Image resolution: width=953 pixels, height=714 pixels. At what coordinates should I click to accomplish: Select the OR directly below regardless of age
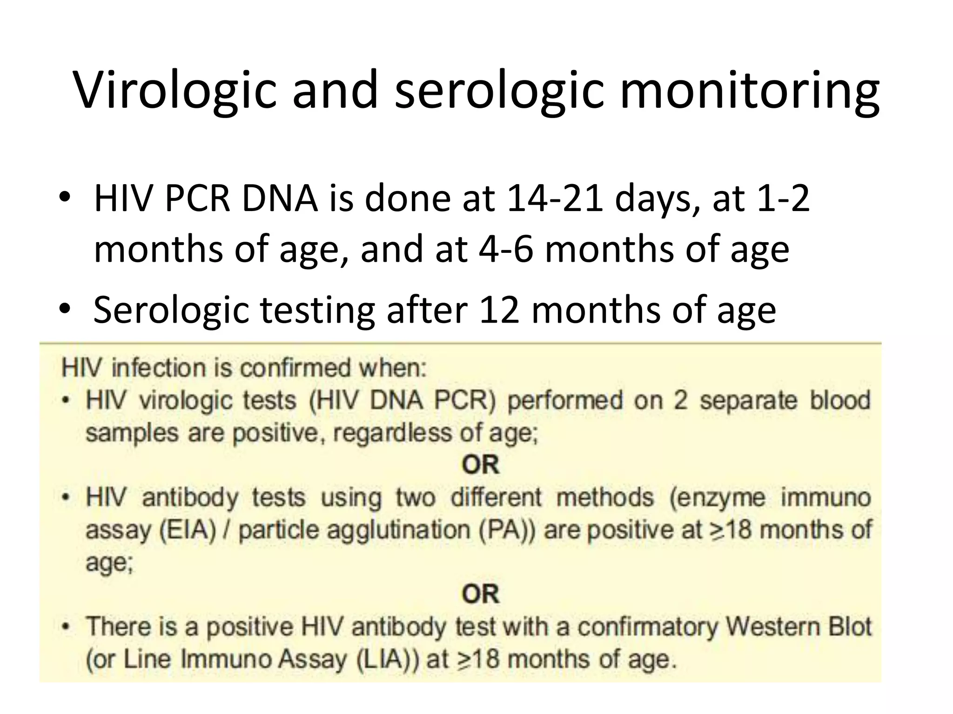click(x=480, y=465)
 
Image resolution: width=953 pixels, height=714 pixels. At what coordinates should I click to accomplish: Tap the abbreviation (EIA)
click(x=188, y=530)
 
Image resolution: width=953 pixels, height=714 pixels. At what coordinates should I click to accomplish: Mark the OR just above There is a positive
click(x=480, y=594)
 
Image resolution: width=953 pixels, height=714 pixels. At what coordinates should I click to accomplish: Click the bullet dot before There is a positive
click(x=67, y=627)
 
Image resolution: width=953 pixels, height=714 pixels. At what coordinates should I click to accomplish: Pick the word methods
click(x=605, y=498)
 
